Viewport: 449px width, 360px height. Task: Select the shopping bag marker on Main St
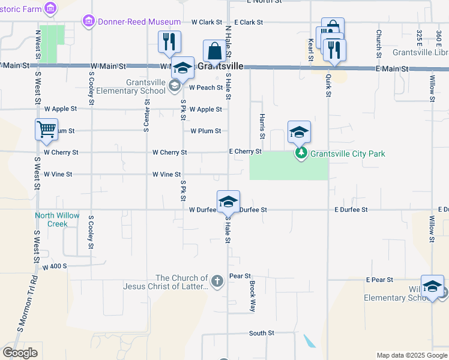pyautogui.click(x=214, y=52)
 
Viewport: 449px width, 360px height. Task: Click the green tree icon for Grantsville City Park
pyautogui.click(x=303, y=154)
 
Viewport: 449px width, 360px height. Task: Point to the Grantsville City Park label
pyautogui.click(x=348, y=154)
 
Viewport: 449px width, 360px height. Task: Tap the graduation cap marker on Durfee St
pyautogui.click(x=228, y=202)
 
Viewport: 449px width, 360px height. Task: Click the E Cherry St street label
pyautogui.click(x=245, y=152)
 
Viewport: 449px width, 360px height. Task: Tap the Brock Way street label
pyautogui.click(x=253, y=296)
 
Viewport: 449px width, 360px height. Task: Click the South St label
pyautogui.click(x=262, y=333)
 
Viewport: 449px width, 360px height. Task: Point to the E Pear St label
pyautogui.click(x=379, y=280)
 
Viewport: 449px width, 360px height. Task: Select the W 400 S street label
pyautogui.click(x=54, y=265)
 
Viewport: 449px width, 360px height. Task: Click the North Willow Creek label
pyautogui.click(x=60, y=220)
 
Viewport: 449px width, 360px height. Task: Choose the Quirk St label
pyautogui.click(x=328, y=83)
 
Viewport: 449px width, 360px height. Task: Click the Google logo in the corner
pyautogui.click(x=20, y=353)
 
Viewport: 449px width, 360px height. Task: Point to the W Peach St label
pyautogui.click(x=206, y=87)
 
